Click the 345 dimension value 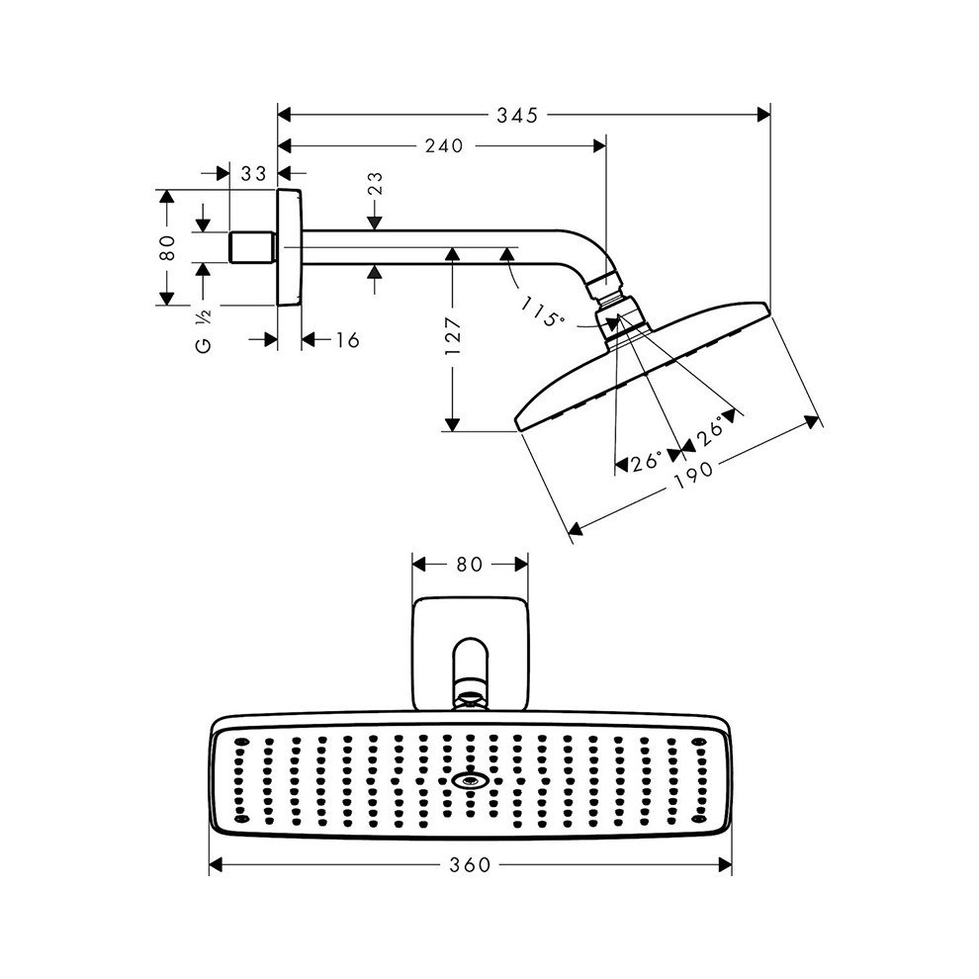point(517,116)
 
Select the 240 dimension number point(444,146)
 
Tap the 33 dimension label point(254,174)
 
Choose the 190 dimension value point(696,474)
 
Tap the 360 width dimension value point(470,865)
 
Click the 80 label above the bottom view point(469,565)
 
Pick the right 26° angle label point(708,432)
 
